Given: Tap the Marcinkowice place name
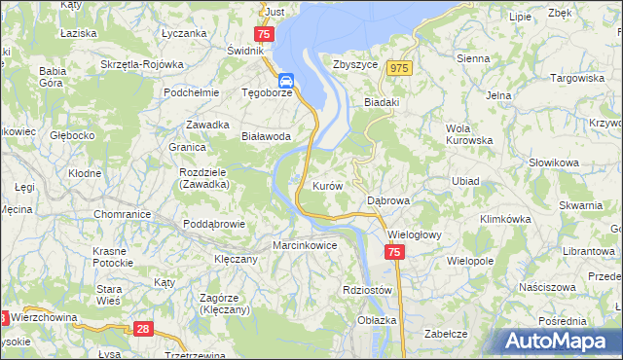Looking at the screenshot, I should tap(305, 245).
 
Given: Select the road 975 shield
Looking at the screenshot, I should tap(398, 68).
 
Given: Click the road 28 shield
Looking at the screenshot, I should tap(143, 331).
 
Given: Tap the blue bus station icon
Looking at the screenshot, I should tap(287, 81).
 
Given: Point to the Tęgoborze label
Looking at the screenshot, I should tap(267, 94).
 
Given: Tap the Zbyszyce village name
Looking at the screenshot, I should tap(354, 64).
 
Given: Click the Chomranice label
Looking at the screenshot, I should tap(121, 213).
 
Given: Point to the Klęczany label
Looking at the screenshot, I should tap(235, 260).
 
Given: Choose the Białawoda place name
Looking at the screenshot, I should tap(267, 137).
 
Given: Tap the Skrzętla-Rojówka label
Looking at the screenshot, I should tap(142, 64).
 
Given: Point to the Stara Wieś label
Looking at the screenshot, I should tap(108, 295).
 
